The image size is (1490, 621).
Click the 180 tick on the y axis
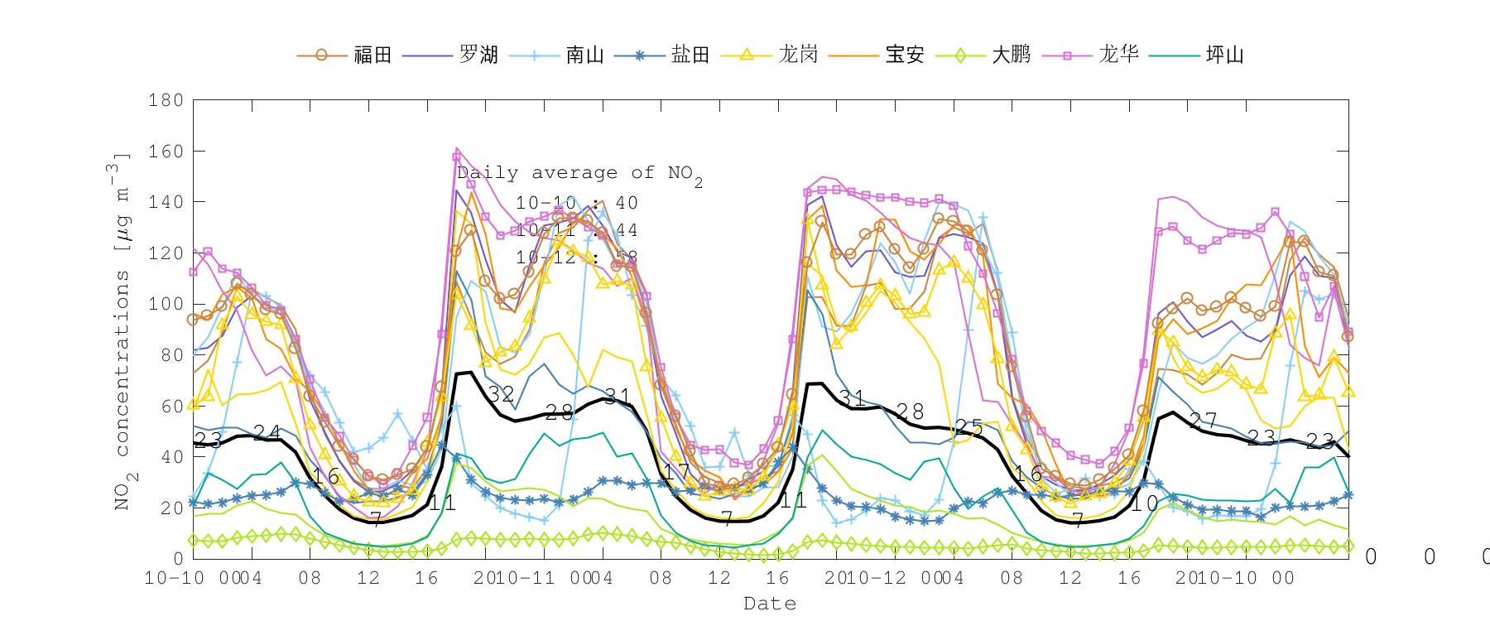coord(166,100)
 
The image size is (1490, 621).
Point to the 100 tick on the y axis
coord(166,304)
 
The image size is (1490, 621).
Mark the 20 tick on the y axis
coord(171,508)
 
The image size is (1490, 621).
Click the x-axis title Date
coord(770,604)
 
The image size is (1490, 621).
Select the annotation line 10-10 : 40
coord(577,203)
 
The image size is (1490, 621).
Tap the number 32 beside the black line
coord(501,394)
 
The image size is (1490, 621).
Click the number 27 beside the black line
coord(1203,421)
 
